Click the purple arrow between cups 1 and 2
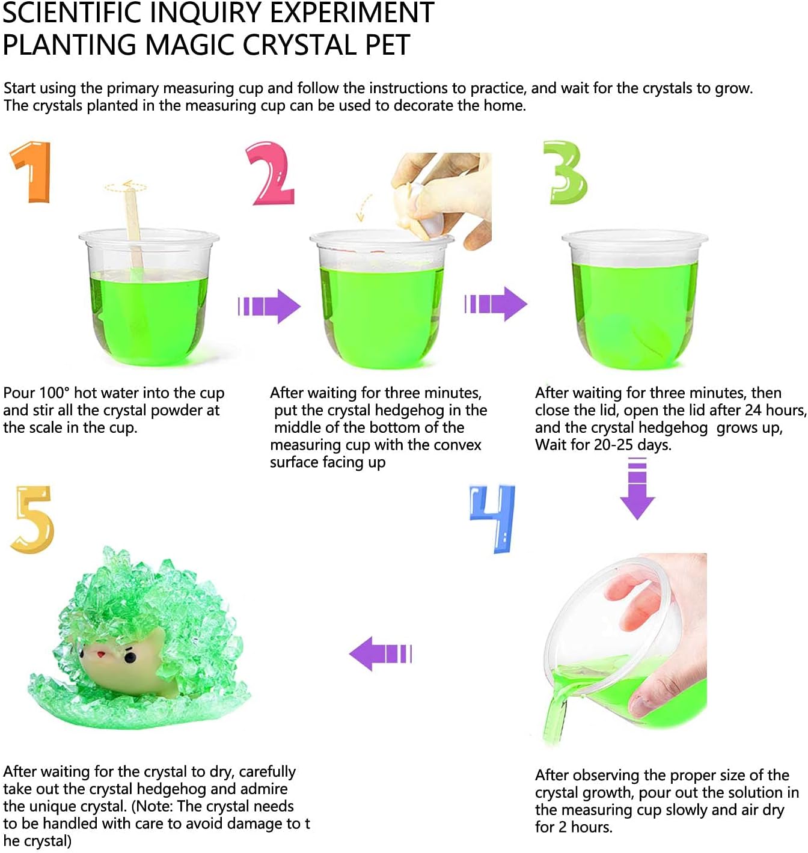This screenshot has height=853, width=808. pos(269,306)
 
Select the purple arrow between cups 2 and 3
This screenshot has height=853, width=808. pos(496,304)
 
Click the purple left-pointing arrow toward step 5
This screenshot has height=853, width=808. pos(380,653)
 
